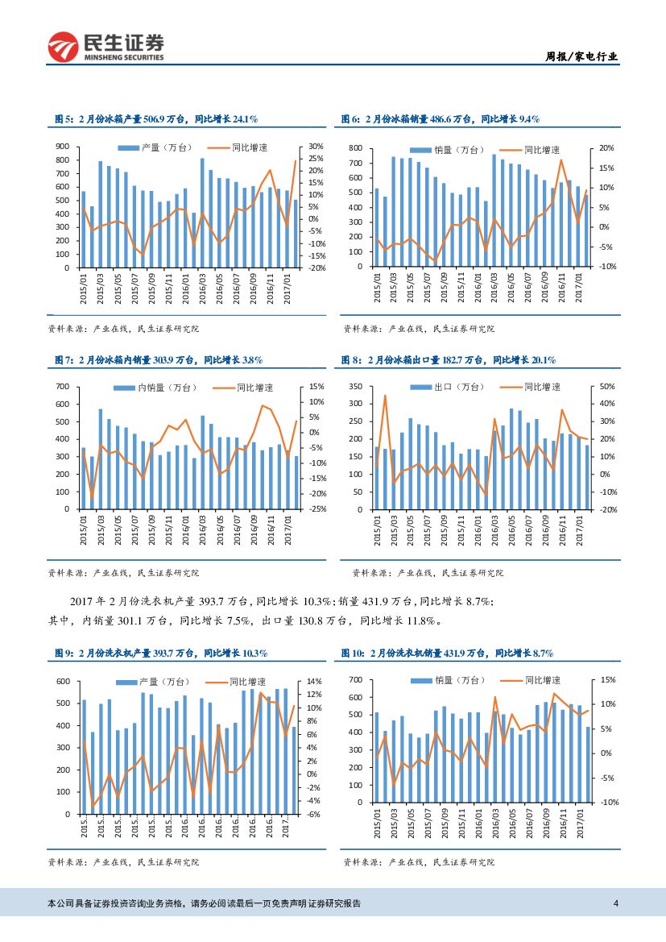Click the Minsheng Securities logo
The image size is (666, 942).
tap(105, 47)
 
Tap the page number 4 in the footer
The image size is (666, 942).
tap(616, 903)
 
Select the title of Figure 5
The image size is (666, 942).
tap(155, 118)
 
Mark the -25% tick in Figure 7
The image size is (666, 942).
tap(316, 509)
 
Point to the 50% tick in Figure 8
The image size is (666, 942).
tap(608, 388)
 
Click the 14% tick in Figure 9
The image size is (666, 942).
tap(314, 682)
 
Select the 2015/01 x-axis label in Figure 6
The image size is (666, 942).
tap(377, 288)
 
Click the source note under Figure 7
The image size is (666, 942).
tap(123, 573)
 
